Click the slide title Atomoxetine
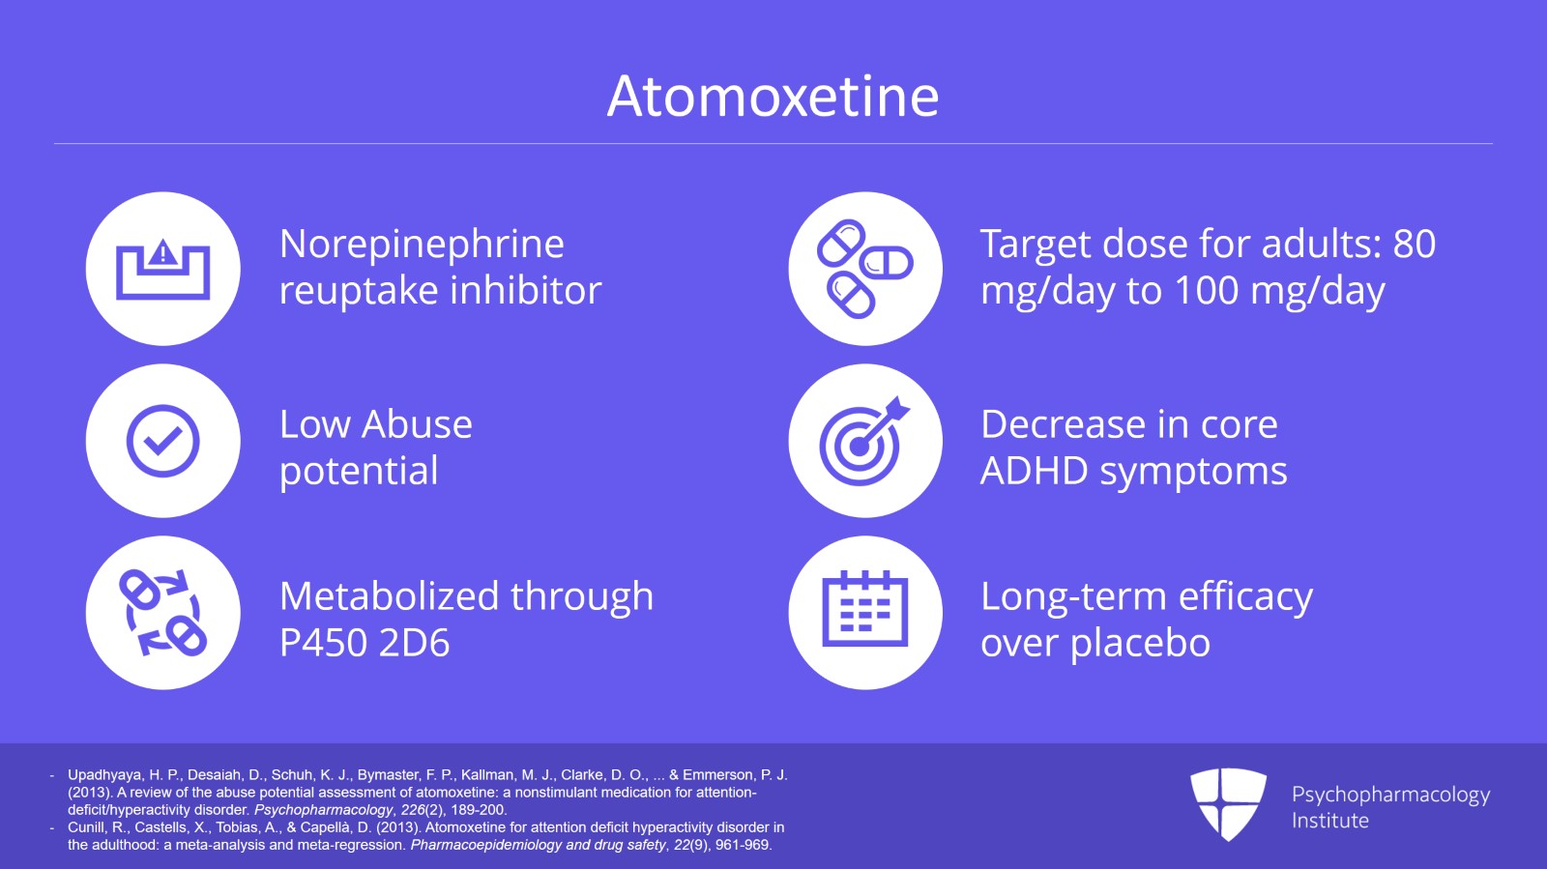(x=773, y=97)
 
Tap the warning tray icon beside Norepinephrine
(x=162, y=269)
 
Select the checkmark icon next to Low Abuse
(x=162, y=441)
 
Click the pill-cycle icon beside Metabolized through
(x=162, y=613)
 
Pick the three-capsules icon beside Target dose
(x=864, y=269)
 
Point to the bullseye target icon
(x=864, y=441)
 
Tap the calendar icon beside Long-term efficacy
(x=864, y=613)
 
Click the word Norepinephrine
(x=422, y=245)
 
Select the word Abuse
(x=418, y=425)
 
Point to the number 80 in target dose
(x=1414, y=245)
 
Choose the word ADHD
(x=1034, y=472)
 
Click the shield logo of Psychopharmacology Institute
(x=1228, y=803)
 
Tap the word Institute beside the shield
(x=1329, y=821)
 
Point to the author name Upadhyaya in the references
(x=103, y=775)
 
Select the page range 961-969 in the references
(x=743, y=845)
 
